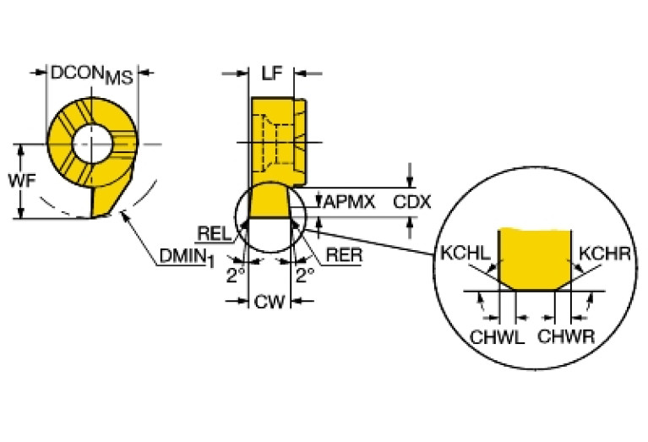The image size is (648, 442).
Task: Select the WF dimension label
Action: (21, 180)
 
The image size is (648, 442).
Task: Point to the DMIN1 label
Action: (182, 256)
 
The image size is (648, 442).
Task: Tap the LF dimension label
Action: (270, 74)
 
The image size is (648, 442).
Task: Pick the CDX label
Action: (413, 202)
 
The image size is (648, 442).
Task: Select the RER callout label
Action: (341, 253)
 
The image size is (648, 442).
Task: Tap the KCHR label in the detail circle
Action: (601, 252)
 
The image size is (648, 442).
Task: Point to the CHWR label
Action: (567, 336)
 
